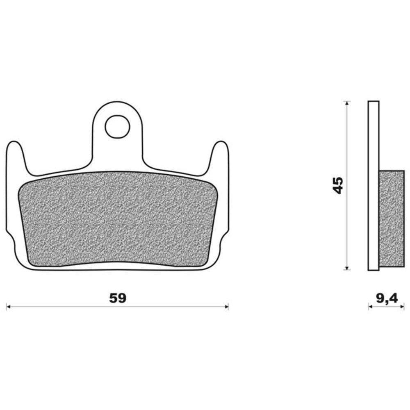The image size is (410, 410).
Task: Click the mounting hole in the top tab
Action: click(x=117, y=127)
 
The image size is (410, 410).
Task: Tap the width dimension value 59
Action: click(x=118, y=298)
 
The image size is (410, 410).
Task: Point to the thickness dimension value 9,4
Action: click(x=387, y=298)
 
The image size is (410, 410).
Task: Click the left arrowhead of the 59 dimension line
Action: click(x=8, y=307)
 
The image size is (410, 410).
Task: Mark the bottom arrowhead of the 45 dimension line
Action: click(x=347, y=267)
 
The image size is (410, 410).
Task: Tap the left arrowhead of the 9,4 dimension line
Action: click(x=370, y=307)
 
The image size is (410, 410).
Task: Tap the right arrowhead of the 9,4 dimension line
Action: click(x=403, y=307)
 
